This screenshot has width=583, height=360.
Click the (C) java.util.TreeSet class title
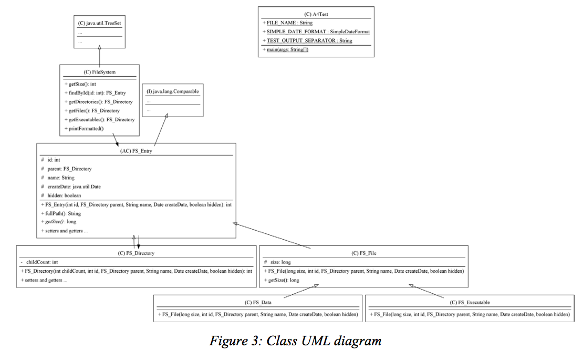[100, 24]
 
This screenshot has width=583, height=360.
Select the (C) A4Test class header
[316, 14]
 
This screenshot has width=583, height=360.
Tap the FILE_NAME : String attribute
[288, 23]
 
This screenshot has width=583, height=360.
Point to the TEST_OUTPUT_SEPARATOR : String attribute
[308, 40]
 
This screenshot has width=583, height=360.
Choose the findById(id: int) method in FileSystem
[95, 93]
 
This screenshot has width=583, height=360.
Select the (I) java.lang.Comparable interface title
[173, 91]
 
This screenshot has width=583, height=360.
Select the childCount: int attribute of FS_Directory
[39, 262]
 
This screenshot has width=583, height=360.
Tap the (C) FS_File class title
[363, 253]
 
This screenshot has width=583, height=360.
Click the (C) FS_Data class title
[258, 302]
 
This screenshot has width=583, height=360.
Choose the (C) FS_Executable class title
[470, 302]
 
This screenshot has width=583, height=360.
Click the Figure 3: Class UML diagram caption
[295, 341]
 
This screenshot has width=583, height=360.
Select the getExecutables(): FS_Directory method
[99, 120]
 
